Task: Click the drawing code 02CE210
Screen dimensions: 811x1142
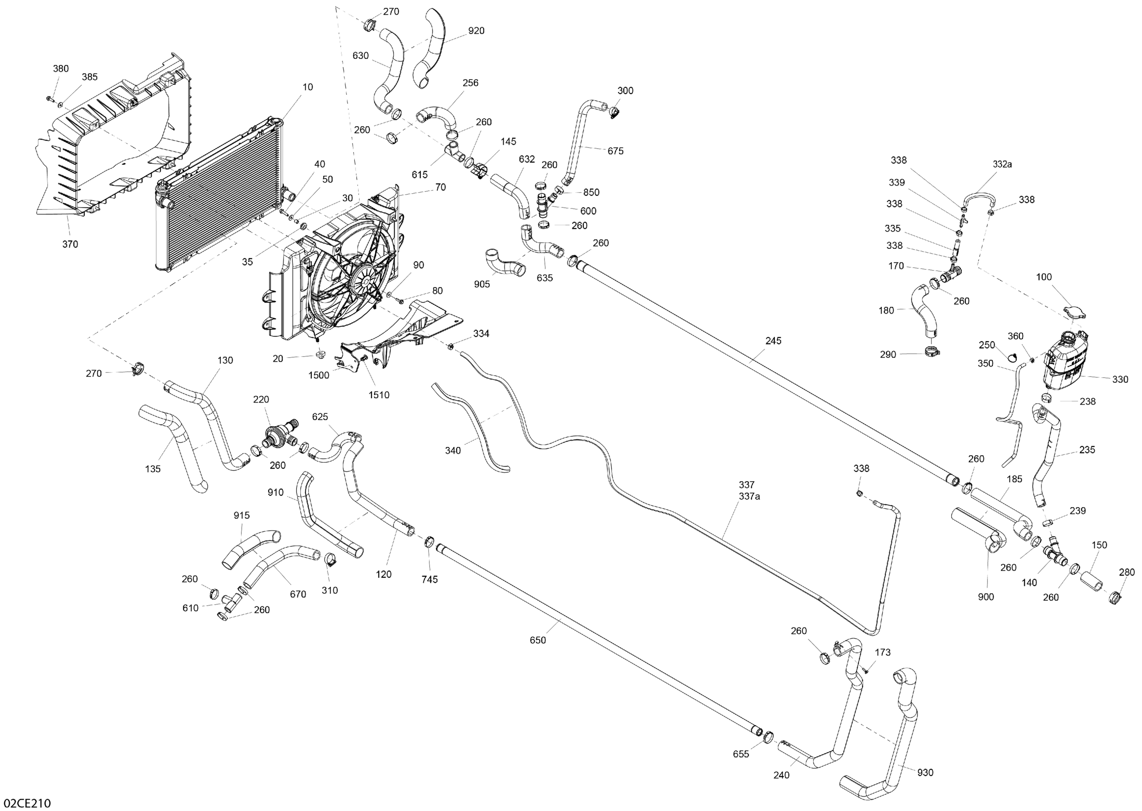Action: pyautogui.click(x=26, y=803)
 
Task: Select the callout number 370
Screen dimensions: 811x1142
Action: pyautogui.click(x=70, y=244)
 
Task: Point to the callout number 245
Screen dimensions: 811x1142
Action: pyautogui.click(x=773, y=341)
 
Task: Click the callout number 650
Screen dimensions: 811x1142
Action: pyautogui.click(x=538, y=640)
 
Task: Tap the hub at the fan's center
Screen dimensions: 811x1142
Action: pyautogui.click(x=364, y=280)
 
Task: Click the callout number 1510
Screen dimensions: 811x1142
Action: pyautogui.click(x=379, y=395)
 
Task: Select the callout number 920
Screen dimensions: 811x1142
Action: pyautogui.click(x=476, y=31)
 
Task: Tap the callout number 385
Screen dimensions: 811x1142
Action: pyautogui.click(x=90, y=77)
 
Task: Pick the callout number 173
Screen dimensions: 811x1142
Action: pyautogui.click(x=883, y=652)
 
